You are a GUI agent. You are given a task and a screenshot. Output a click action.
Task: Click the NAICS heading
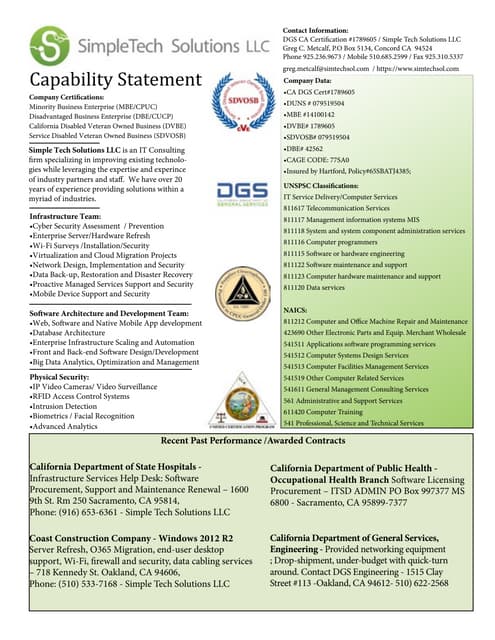pos(296,310)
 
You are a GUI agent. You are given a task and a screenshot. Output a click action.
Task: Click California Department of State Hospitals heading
pos(115,467)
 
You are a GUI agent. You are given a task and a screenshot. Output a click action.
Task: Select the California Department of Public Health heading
pos(366,467)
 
